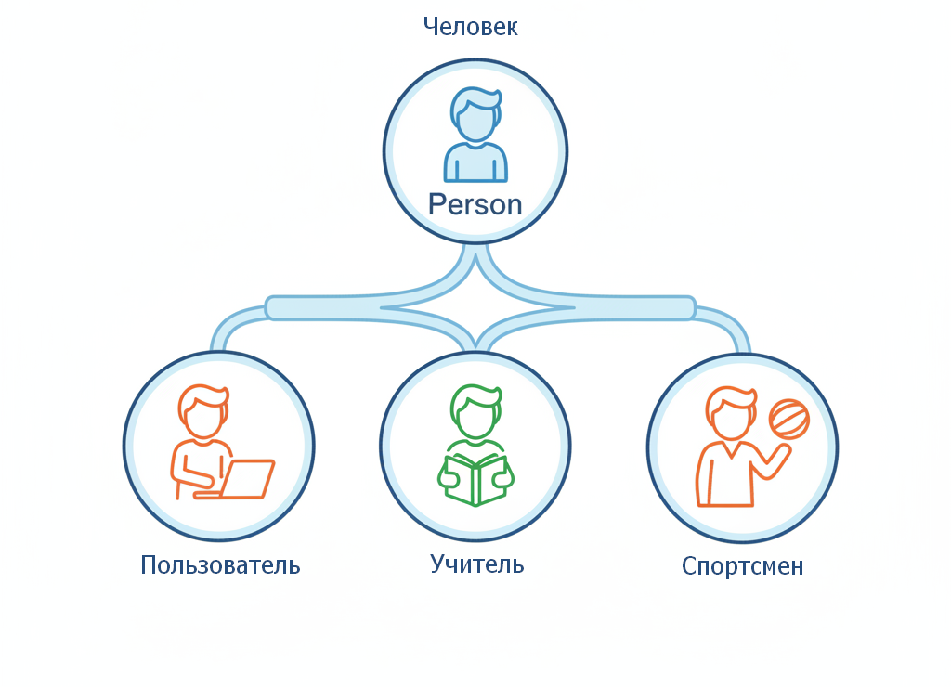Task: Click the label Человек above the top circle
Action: point(470,27)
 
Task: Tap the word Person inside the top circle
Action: point(475,204)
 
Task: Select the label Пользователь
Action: point(220,564)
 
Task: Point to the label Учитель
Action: point(477,564)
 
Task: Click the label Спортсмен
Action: point(742,566)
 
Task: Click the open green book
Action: point(475,480)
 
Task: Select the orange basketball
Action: point(789,419)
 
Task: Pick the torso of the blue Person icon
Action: point(475,163)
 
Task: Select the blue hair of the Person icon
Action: point(476,98)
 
